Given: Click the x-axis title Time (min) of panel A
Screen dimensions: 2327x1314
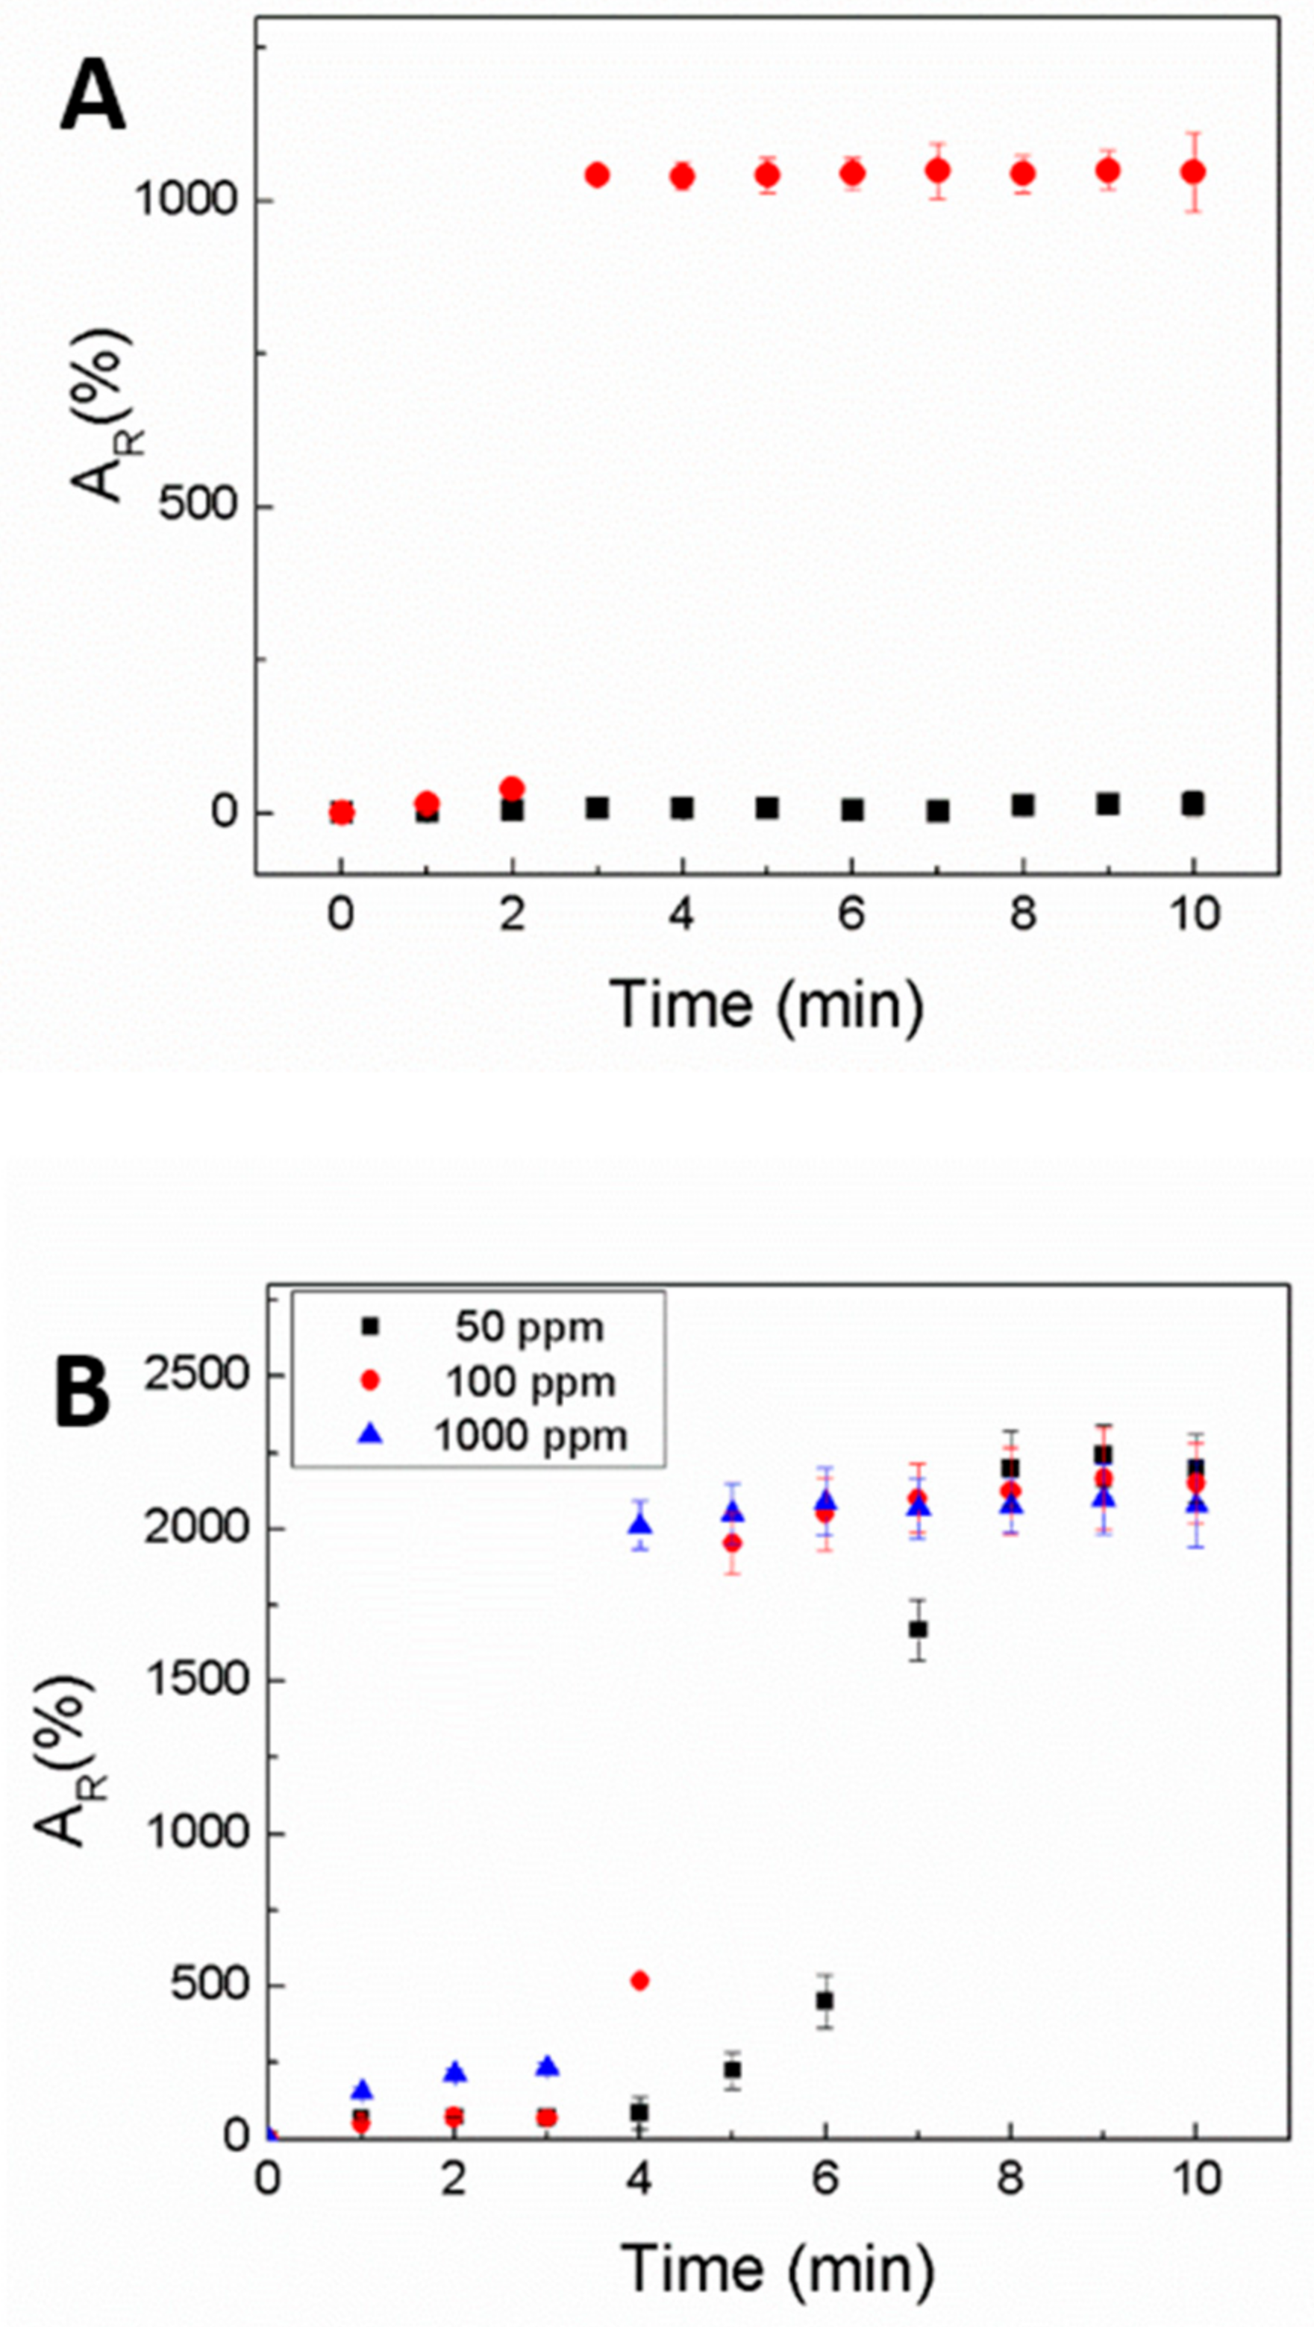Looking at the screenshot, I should point(767,1005).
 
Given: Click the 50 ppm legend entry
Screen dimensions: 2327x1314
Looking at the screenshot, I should point(529,1327).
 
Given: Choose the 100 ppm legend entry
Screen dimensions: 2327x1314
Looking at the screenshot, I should point(531,1382).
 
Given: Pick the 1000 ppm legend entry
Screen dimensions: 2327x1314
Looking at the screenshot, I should point(531,1436).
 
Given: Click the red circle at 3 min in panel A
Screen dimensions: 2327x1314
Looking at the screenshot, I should point(596,175).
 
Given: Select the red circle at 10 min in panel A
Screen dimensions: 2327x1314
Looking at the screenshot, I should point(1194,172).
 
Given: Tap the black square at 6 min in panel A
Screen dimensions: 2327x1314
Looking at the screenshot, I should point(852,809).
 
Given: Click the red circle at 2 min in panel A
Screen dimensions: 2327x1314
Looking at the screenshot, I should point(513,788).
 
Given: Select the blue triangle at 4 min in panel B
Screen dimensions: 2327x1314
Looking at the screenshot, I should point(641,1524).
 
